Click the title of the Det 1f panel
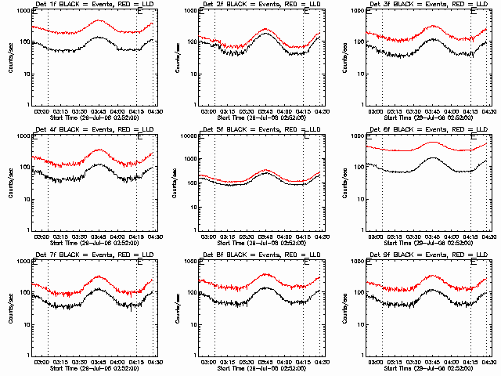click(88, 5)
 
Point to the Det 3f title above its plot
click(421, 5)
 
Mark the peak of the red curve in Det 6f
click(433, 143)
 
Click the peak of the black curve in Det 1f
click(99, 37)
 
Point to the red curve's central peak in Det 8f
click(265, 275)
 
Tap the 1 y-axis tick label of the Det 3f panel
click(360, 105)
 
